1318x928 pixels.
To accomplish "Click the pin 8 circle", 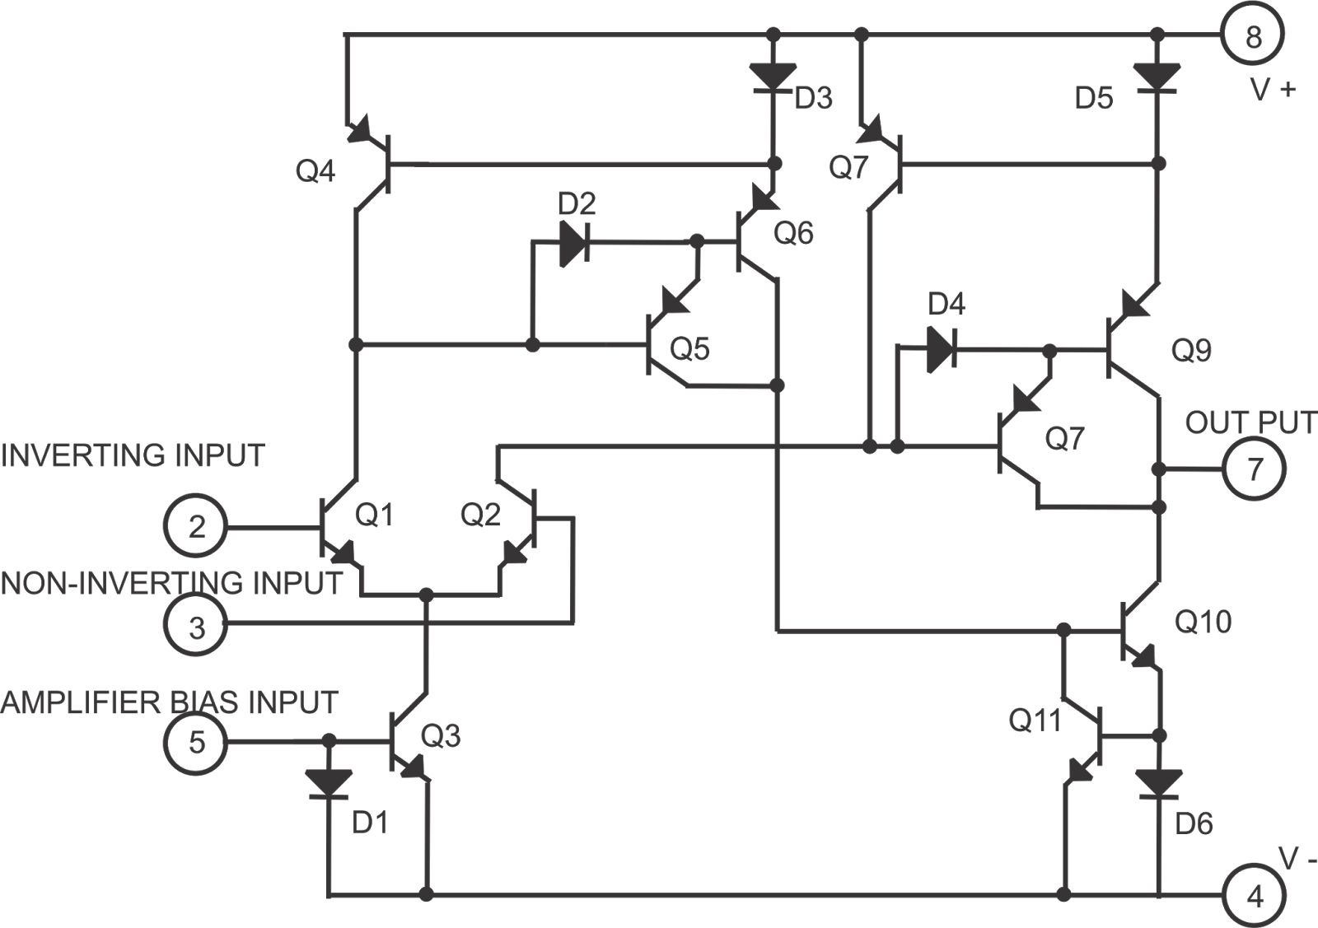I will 1253,36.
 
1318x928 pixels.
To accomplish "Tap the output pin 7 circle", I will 1255,469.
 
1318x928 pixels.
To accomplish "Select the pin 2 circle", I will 195,526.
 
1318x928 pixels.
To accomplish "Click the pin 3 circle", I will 196,628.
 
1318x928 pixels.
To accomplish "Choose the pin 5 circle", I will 196,743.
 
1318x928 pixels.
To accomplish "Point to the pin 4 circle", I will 1255,895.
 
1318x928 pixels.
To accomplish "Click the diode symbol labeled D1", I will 329,782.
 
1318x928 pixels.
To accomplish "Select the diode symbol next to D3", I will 774,77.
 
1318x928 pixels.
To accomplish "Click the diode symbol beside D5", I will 1157,77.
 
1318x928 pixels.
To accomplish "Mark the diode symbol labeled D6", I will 1159,782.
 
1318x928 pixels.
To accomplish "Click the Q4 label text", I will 315,173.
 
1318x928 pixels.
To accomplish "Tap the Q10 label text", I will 1203,622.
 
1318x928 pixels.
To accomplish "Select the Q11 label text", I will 1035,721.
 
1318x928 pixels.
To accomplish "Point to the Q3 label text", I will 441,736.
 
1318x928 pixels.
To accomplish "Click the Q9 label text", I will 1192,351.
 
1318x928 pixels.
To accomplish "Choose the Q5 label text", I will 689,349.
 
